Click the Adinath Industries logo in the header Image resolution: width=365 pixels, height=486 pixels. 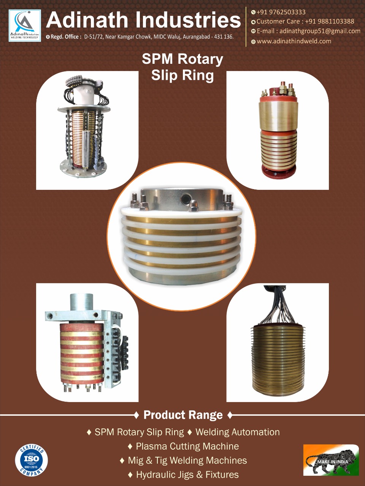[25, 26]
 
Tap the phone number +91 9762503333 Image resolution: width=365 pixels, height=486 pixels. [281, 12]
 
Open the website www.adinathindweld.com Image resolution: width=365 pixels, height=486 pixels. [294, 41]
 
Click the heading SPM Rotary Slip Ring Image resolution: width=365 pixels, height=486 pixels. [182, 67]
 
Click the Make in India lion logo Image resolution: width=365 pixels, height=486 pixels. [331, 460]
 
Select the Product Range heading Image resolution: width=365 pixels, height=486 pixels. [183, 415]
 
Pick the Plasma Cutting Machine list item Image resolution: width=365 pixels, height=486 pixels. [187, 446]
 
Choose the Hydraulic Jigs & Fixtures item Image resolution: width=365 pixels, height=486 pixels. [187, 475]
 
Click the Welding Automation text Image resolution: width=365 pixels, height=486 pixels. [237, 432]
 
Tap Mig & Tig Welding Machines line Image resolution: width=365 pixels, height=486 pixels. [187, 460]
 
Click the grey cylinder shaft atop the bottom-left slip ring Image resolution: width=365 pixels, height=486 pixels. [81, 302]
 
